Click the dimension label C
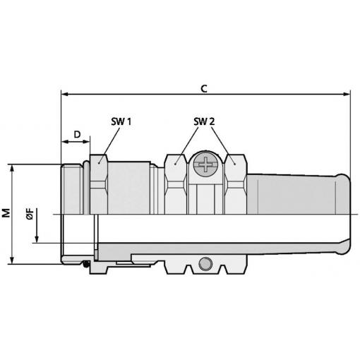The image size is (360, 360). tap(204, 89)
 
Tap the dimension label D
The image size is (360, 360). tap(77, 135)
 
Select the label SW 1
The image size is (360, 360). tap(121, 121)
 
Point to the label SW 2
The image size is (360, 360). tap(204, 121)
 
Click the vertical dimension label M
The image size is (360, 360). tap(6, 212)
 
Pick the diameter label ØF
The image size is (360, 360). tap(30, 214)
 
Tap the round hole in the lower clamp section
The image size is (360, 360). tap(205, 264)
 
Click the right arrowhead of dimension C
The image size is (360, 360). tap(347, 95)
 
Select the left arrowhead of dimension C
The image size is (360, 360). tap(65, 95)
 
